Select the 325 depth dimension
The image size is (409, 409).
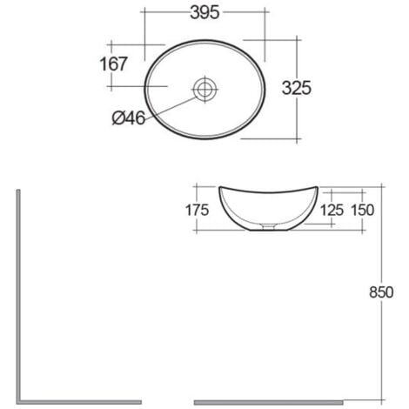[295, 88]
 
